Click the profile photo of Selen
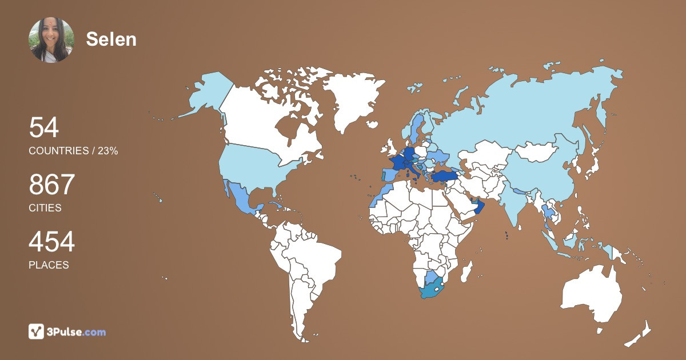click(51, 39)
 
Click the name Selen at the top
click(111, 39)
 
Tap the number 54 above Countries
click(44, 127)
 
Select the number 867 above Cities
click(52, 185)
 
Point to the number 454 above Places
click(52, 242)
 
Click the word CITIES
click(45, 208)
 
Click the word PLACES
click(49, 265)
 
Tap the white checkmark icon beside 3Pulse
click(37, 331)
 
